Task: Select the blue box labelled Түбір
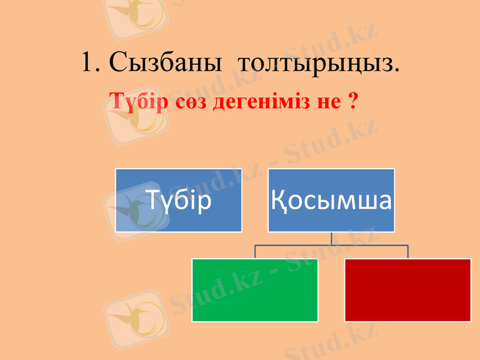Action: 179,200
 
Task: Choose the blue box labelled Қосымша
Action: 331,200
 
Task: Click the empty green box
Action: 254,290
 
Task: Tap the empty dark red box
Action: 408,290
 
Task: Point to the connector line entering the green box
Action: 255,252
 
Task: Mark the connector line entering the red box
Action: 408,252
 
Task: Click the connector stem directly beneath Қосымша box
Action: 332,238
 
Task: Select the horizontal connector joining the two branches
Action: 300,245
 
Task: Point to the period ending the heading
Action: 396,71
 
